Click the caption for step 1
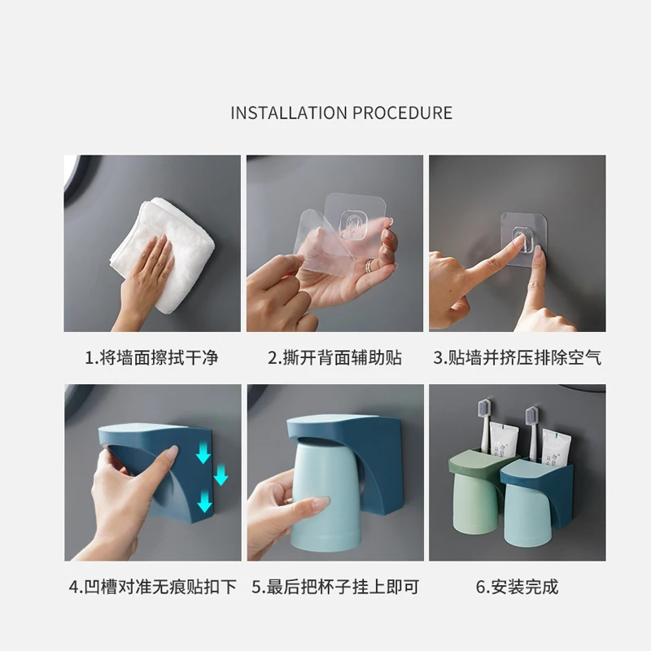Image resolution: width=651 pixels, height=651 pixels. (152, 357)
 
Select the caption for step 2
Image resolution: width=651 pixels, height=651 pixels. (334, 357)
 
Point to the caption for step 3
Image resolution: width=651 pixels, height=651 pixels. (517, 357)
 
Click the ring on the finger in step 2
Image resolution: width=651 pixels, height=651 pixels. (369, 266)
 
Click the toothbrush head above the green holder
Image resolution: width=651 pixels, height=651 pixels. (485, 409)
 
